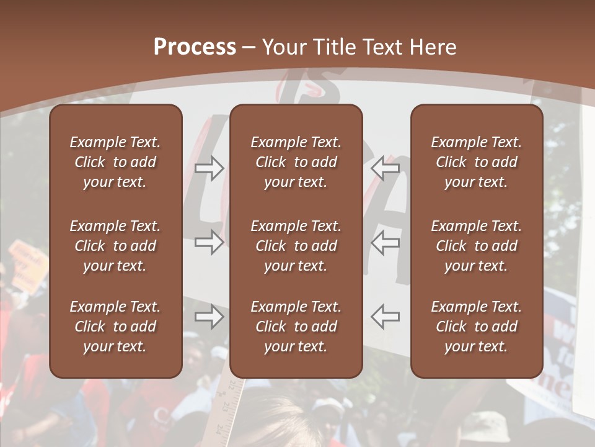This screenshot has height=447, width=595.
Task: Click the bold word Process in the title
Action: point(195,47)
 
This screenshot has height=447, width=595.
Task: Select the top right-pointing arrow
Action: point(209,168)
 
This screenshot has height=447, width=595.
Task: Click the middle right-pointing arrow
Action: point(209,242)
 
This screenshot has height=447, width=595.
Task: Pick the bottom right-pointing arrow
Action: point(209,317)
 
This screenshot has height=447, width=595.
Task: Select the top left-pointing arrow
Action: point(386,168)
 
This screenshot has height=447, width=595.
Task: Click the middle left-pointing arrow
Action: point(386,242)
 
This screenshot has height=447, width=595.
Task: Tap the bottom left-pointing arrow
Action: point(386,317)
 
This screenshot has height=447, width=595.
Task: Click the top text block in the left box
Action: point(115,162)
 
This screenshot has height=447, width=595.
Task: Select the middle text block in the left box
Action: point(115,246)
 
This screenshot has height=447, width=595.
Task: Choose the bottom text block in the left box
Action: point(115,327)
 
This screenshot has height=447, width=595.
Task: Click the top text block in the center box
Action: point(296,162)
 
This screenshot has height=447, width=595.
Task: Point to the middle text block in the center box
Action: point(296,246)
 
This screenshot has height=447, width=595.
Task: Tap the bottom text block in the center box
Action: point(296,327)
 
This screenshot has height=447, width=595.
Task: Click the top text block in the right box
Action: point(476,162)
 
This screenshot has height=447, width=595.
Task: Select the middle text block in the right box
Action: point(476,246)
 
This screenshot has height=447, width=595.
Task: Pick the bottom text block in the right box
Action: point(476,327)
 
